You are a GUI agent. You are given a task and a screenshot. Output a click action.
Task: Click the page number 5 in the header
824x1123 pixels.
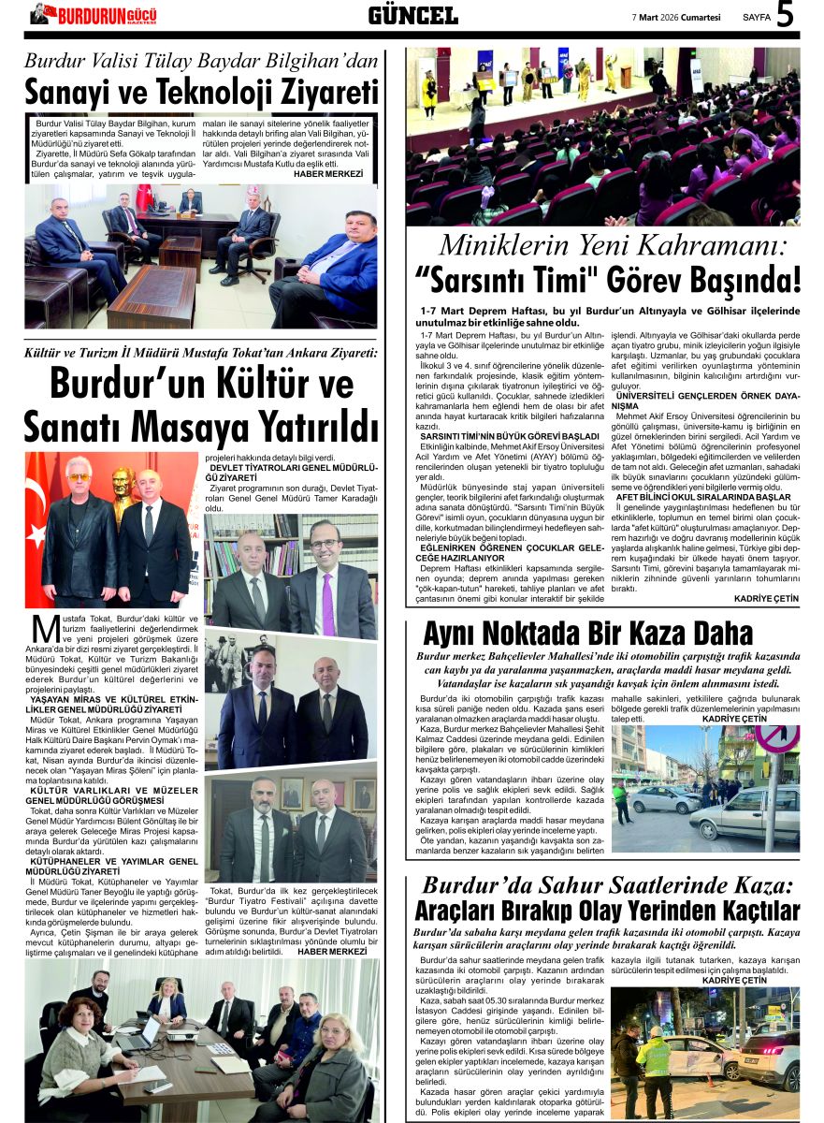[785, 15]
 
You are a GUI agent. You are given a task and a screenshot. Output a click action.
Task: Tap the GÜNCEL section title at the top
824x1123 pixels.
[412, 15]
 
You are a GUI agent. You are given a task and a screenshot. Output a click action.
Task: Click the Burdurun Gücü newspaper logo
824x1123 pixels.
[94, 15]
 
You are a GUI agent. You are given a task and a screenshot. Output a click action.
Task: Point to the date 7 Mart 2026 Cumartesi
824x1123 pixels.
[676, 16]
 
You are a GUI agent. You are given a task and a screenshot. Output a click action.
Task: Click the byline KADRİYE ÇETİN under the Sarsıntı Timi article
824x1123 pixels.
[766, 598]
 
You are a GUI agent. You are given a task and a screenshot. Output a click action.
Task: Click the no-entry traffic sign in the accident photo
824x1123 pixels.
[778, 739]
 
